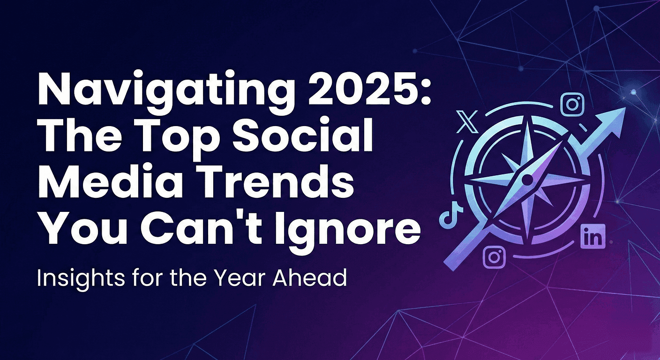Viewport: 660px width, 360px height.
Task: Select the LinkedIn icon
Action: pos(592,237)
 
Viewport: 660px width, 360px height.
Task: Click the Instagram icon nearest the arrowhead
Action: pos(572,105)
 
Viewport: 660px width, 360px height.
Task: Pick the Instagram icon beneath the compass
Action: pos(494,256)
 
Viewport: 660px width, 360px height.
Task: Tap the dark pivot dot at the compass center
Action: pos(527,180)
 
